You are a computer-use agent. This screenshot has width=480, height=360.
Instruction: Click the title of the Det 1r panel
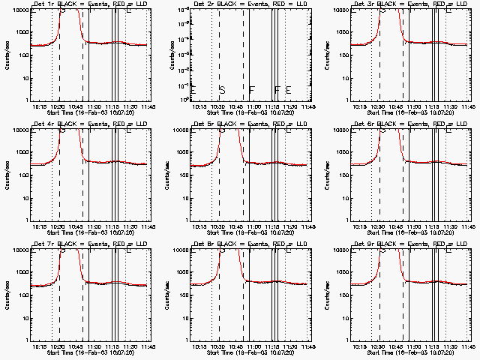point(83,4)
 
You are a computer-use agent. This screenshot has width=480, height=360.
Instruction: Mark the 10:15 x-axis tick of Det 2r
point(200,107)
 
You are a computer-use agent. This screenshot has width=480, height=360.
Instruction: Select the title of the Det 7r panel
point(83,243)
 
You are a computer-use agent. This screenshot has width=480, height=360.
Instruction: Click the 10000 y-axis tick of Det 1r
point(17,10)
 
